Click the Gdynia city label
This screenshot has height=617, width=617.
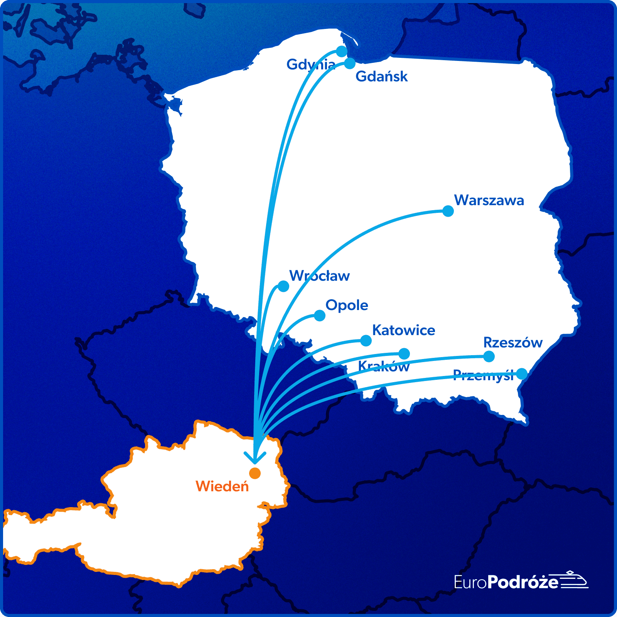311,64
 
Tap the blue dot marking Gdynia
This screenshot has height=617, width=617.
342,51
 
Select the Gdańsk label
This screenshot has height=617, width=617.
381,76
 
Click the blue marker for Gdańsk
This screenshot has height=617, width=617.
350,63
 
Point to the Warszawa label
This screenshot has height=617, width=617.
489,200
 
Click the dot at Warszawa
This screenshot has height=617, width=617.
448,211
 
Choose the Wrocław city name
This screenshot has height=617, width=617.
319,276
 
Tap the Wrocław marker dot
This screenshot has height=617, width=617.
283,286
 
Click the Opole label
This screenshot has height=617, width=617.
347,305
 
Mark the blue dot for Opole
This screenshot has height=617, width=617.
320,315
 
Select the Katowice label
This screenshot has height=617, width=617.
403,330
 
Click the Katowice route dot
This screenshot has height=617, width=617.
366,341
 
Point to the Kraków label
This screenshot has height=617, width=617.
384,366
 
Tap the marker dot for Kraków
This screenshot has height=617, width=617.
404,353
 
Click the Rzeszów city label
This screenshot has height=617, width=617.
513,342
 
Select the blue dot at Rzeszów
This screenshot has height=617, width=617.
489,356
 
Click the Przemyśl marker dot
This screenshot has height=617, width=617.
522,373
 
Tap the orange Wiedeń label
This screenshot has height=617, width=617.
222,486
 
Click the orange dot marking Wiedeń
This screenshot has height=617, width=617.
255,473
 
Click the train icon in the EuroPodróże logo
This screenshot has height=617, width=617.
574,580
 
